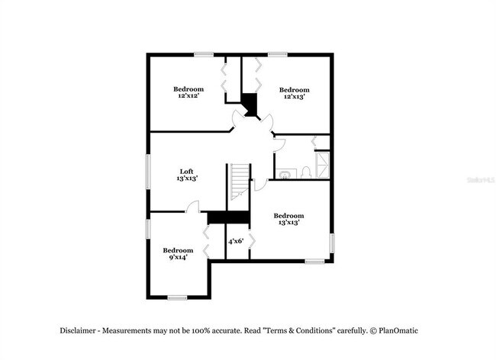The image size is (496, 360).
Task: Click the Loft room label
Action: coord(187,171)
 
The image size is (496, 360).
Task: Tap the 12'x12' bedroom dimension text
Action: coord(188,97)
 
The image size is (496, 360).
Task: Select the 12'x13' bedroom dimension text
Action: coord(294,97)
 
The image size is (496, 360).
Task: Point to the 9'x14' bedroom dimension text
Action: coord(178,258)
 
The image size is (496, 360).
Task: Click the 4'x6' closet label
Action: coord(236,241)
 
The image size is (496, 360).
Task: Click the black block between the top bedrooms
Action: coord(250,104)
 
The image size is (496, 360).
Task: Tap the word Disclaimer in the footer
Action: coord(79,330)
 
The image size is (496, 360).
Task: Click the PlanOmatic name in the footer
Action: coord(398,330)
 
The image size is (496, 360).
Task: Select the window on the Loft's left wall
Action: coord(148,172)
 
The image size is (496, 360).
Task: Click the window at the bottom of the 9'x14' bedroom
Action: coord(178,297)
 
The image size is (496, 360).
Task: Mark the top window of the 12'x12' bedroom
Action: coord(203,53)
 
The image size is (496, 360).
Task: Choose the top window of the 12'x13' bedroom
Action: coord(277,53)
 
